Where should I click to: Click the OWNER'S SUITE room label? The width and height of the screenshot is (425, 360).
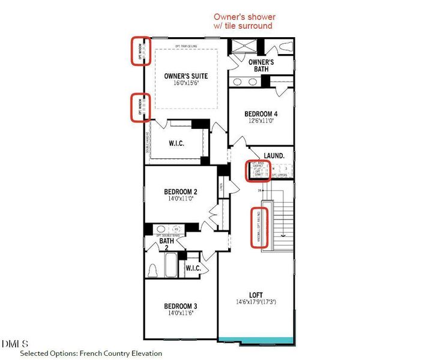click(x=185, y=76)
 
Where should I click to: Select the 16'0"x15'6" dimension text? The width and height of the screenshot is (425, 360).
click(x=185, y=84)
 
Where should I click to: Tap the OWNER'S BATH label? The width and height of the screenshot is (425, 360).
click(x=261, y=65)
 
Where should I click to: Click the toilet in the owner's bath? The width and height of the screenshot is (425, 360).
click(x=286, y=47)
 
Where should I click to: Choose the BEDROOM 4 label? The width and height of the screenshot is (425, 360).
click(x=261, y=113)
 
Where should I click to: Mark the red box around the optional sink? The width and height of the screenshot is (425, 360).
click(x=259, y=170)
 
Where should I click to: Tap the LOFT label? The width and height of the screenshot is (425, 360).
click(x=256, y=295)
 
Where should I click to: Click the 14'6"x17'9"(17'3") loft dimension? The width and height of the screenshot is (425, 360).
click(x=256, y=303)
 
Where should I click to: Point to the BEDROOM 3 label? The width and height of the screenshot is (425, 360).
click(x=181, y=306)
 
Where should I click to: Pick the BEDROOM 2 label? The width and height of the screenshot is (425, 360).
click(x=181, y=192)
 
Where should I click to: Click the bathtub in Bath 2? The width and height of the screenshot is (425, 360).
click(x=172, y=265)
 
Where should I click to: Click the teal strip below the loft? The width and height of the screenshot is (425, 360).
click(x=256, y=340)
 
